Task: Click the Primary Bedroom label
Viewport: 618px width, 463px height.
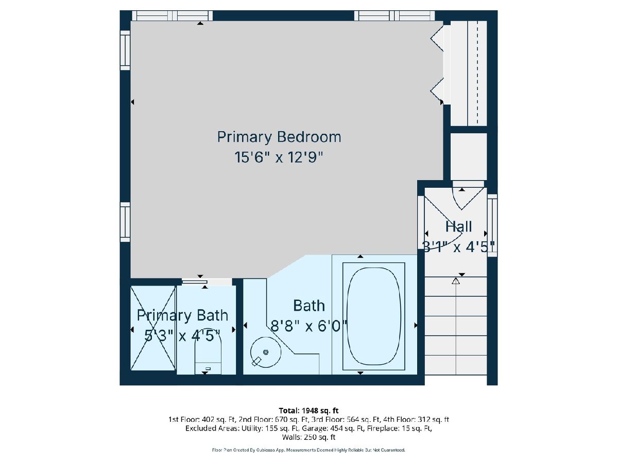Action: coord(279,137)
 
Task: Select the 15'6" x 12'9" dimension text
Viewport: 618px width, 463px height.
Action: coord(278,157)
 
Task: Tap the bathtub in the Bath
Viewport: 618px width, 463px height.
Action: coord(373,316)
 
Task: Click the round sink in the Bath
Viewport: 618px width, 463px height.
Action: coord(266,352)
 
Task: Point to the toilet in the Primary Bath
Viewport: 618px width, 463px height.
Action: coord(208,355)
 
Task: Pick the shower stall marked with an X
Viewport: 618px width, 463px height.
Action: coord(153,328)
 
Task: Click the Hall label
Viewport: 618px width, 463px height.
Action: coord(458,226)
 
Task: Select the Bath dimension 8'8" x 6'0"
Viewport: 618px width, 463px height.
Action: coord(309,326)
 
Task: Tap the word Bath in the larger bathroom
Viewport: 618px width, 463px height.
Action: coord(309,306)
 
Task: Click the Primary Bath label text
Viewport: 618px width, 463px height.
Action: coord(182,316)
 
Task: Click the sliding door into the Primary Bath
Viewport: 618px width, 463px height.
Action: coord(195,282)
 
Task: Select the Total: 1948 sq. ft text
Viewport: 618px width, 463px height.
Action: coord(308,411)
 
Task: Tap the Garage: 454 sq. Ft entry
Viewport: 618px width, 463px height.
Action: coord(335,429)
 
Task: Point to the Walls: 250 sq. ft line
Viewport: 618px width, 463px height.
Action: coord(308,437)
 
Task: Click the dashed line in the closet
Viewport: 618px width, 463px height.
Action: coord(477,72)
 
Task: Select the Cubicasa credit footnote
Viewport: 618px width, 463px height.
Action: coord(308,450)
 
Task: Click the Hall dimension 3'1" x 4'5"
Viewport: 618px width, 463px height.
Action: coord(459,247)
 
